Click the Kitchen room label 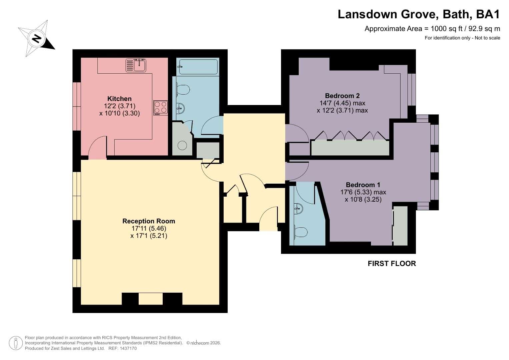coord(119,99)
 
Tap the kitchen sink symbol coord(136,65)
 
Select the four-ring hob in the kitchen coord(161,107)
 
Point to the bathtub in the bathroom coord(198,67)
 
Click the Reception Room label coord(149,221)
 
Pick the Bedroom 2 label coord(342,96)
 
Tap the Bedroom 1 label coord(363,185)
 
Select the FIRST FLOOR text coord(392,263)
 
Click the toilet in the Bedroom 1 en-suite coord(301,232)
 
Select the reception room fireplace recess coord(150,299)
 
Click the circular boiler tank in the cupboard coord(182,145)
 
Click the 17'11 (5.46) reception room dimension coord(149,228)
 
